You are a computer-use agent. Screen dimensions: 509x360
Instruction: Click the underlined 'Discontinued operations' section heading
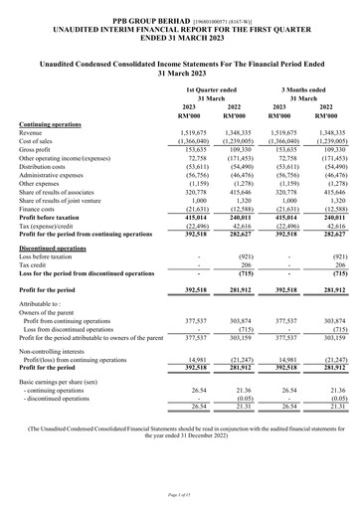point(57,246)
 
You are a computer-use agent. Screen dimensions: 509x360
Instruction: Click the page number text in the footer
point(180,495)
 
